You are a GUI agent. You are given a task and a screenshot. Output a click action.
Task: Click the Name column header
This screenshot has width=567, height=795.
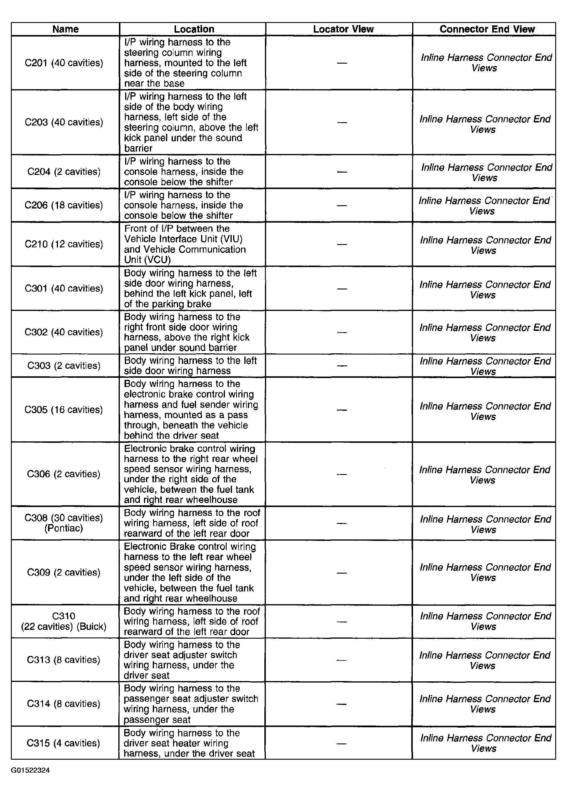(x=65, y=29)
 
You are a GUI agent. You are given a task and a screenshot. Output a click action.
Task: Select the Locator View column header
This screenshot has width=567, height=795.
(x=343, y=29)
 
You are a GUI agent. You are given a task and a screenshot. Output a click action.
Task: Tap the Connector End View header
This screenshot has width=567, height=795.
(x=487, y=29)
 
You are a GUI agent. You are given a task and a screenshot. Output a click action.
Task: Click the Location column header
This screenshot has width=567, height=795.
(x=194, y=29)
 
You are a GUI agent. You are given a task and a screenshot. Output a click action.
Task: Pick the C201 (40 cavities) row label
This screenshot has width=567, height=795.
(x=64, y=63)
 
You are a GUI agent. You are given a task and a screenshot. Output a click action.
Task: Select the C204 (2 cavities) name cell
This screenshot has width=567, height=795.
(x=64, y=172)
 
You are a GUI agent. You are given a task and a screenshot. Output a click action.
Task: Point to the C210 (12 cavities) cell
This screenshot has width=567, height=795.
(x=64, y=244)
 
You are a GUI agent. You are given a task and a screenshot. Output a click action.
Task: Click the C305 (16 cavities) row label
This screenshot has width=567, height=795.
(x=64, y=410)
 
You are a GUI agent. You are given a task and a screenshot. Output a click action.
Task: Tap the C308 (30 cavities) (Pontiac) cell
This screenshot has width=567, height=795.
(x=64, y=523)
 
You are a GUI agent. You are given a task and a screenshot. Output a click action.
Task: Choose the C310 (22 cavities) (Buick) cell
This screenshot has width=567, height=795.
(x=64, y=621)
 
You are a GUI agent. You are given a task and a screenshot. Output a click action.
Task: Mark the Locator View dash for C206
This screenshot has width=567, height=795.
(x=342, y=205)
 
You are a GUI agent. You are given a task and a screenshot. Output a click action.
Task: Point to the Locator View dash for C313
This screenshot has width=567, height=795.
(x=341, y=660)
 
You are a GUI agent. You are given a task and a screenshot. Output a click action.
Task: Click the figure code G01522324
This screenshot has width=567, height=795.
(x=30, y=770)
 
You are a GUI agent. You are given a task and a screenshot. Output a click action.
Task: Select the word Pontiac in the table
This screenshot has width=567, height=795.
(x=64, y=528)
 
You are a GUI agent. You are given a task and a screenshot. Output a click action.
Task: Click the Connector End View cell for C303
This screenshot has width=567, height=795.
(x=485, y=366)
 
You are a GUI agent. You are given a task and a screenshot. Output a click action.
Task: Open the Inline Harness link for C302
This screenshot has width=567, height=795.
(x=485, y=332)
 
